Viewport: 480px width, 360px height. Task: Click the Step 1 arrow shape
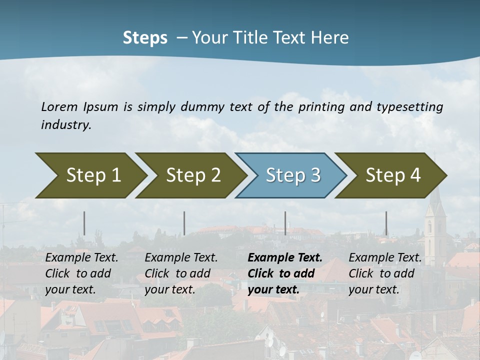tap(90, 175)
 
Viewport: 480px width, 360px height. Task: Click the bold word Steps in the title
tap(145, 38)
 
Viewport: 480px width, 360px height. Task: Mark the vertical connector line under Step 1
tap(84, 223)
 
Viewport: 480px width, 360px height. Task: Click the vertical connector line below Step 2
tap(184, 223)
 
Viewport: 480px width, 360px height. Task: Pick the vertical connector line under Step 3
tap(285, 223)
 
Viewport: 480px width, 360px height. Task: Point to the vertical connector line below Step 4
tap(386, 223)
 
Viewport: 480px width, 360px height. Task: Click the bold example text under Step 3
tap(284, 273)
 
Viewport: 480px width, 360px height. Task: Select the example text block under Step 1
tap(81, 273)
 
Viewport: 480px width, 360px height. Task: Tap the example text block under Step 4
tap(384, 273)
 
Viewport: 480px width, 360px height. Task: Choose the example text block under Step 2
tap(181, 273)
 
